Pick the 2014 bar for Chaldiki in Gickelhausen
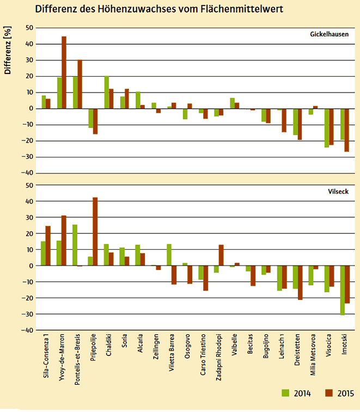point(106,93)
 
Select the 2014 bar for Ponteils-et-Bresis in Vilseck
point(75,245)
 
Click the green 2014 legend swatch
point(285,393)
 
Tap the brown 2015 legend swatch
point(328,393)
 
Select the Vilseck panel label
point(338,192)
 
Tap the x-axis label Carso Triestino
point(201,360)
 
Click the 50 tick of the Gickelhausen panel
point(29,28)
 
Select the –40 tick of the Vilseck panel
point(28,330)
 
